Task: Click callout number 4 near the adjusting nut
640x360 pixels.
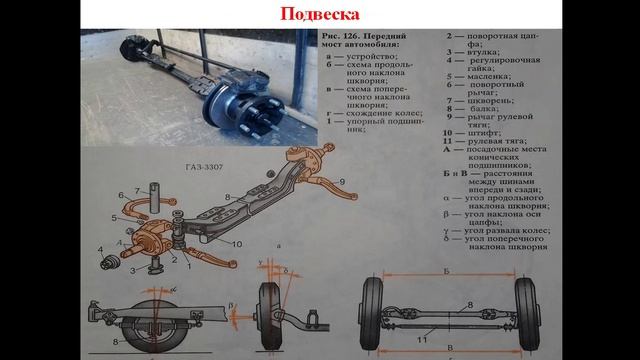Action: tap(100, 247)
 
